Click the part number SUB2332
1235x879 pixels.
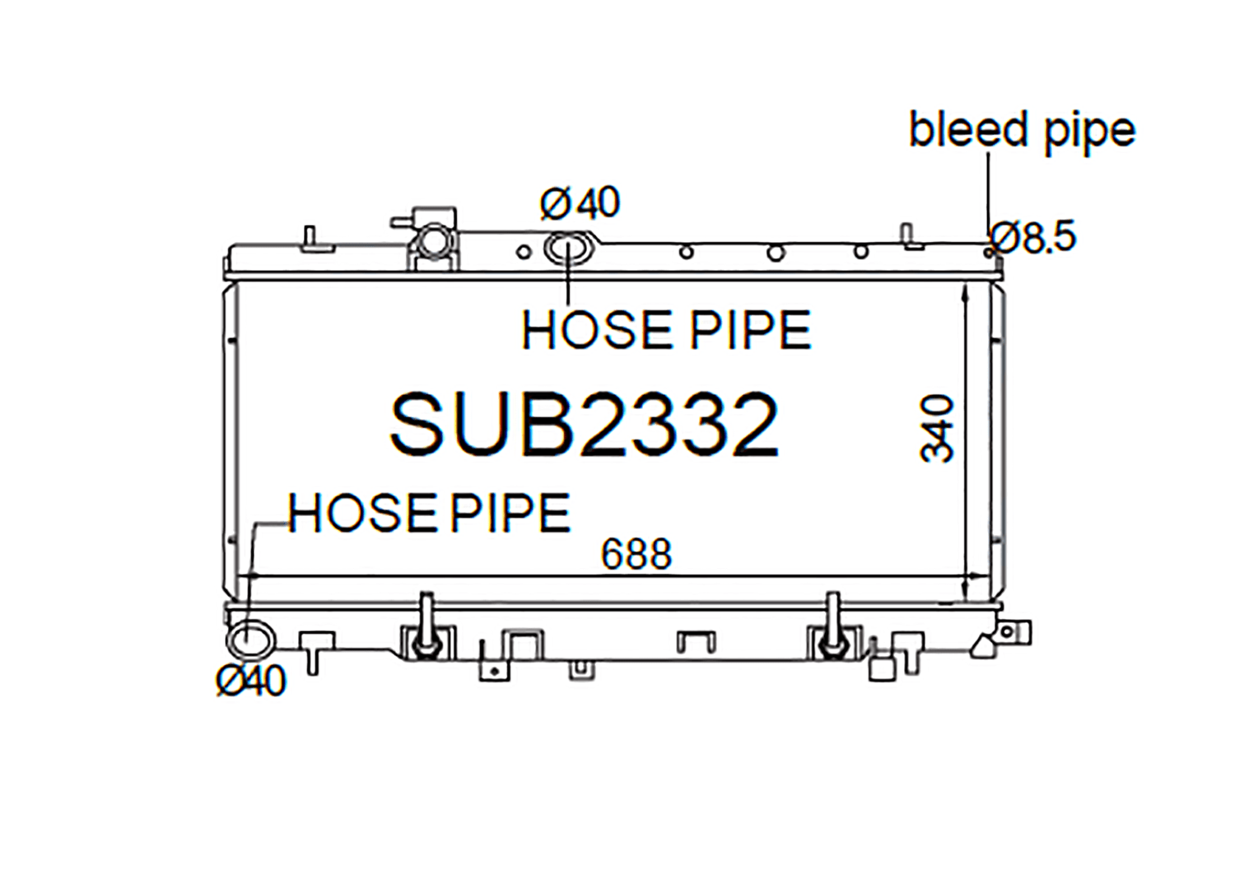[584, 426]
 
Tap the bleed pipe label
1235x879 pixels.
[1022, 130]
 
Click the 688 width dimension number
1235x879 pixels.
[636, 554]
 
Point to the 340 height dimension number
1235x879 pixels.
[937, 428]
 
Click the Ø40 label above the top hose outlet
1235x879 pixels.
[580, 202]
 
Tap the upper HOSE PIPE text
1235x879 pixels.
[666, 330]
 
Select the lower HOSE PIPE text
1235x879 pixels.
[429, 513]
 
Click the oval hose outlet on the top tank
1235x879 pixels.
[568, 249]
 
